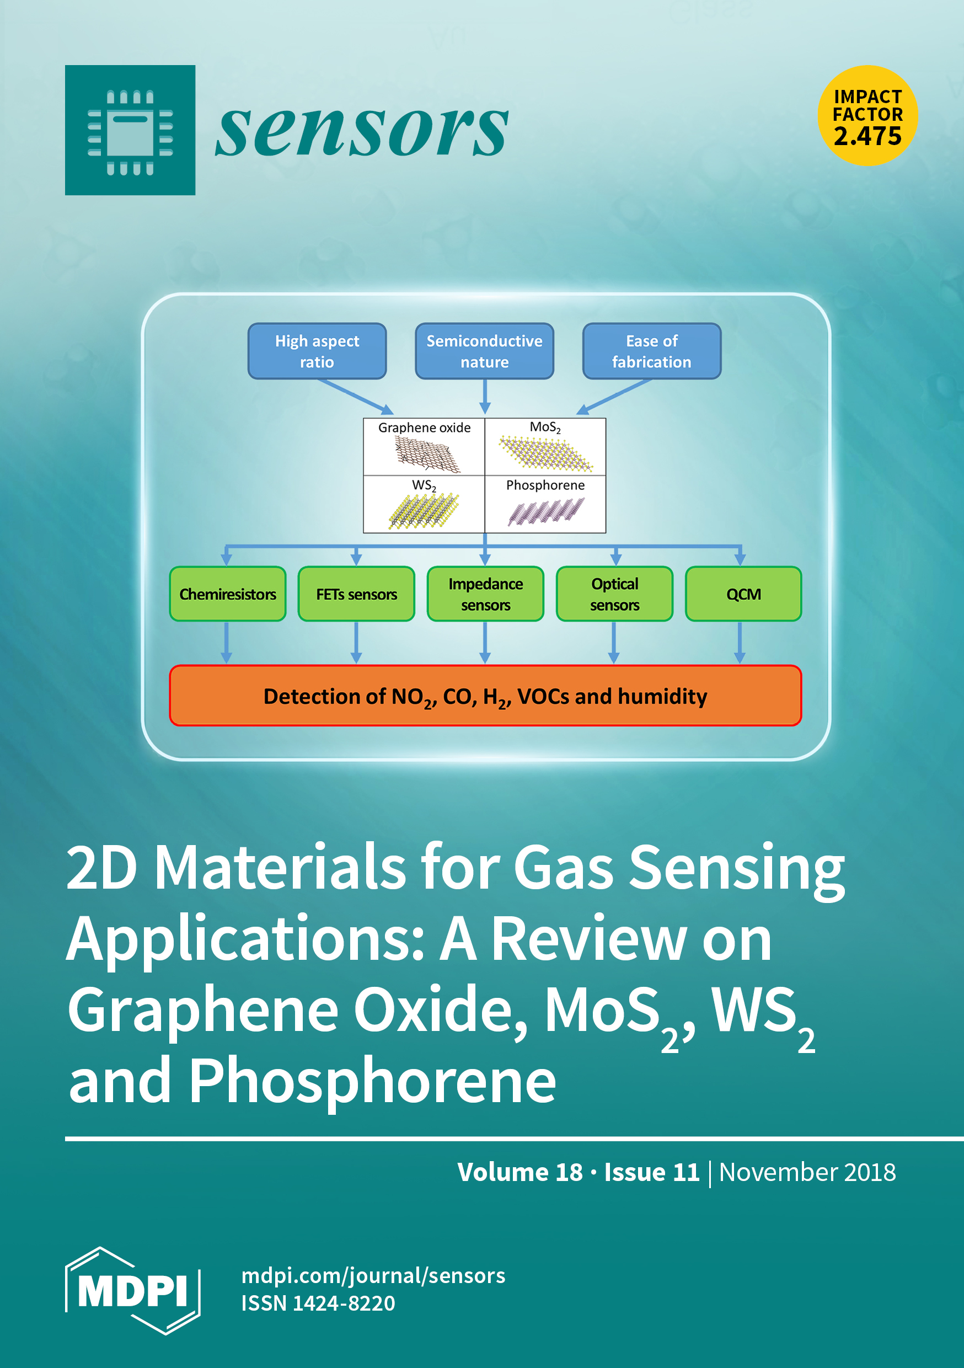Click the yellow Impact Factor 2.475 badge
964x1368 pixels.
click(x=867, y=116)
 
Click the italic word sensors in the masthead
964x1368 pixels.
click(x=362, y=130)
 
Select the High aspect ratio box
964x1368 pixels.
click(x=317, y=351)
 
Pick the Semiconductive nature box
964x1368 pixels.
click(x=484, y=351)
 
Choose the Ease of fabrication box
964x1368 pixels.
click(x=652, y=351)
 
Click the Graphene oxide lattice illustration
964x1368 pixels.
click(x=427, y=455)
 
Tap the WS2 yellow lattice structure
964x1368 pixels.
click(x=424, y=511)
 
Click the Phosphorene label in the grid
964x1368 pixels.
click(x=545, y=485)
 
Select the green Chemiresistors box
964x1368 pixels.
click(x=228, y=594)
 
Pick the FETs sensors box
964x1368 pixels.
click(x=356, y=594)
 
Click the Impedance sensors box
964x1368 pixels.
click(x=485, y=594)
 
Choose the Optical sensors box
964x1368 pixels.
click(x=614, y=594)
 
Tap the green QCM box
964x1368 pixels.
click(x=743, y=594)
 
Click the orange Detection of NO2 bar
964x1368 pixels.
click(x=485, y=696)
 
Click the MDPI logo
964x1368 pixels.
click(x=132, y=1290)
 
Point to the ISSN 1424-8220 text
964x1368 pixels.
click(x=318, y=1303)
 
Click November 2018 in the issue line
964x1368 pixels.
click(x=807, y=1172)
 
